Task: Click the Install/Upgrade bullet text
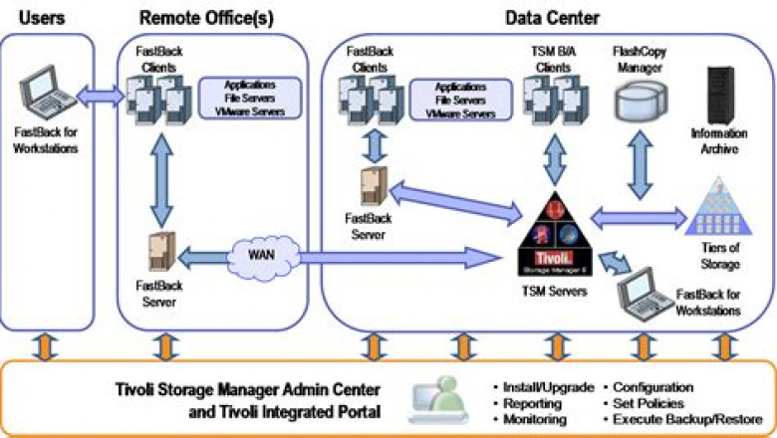click(543, 386)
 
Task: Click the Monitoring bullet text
click(533, 420)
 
